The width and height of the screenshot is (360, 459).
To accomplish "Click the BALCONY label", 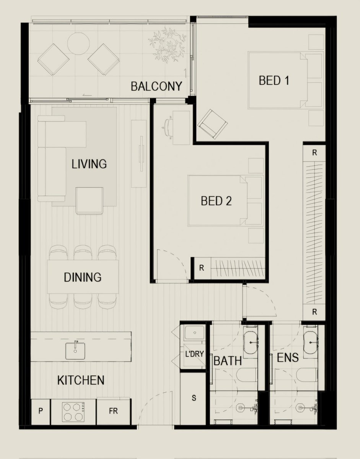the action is [x=156, y=86].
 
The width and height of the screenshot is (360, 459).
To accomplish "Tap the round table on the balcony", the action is [x=78, y=44].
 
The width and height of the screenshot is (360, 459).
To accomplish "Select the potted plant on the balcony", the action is [x=167, y=45].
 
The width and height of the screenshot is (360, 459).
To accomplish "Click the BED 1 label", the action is [x=274, y=80].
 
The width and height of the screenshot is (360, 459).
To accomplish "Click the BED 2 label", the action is [x=216, y=201].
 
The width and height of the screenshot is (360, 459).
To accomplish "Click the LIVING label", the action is [x=89, y=164].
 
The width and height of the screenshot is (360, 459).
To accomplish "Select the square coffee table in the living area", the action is [x=90, y=201].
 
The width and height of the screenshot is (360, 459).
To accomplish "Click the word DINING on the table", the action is [x=83, y=277].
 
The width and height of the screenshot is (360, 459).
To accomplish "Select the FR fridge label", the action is [x=113, y=411].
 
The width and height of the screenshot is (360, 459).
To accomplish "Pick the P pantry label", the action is [x=41, y=411].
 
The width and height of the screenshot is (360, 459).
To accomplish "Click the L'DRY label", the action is [x=194, y=354].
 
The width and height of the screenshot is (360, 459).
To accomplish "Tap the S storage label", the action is [x=194, y=398].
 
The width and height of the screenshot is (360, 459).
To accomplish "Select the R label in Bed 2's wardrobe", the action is [x=202, y=268].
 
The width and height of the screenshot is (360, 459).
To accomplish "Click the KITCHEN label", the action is [x=81, y=380].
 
